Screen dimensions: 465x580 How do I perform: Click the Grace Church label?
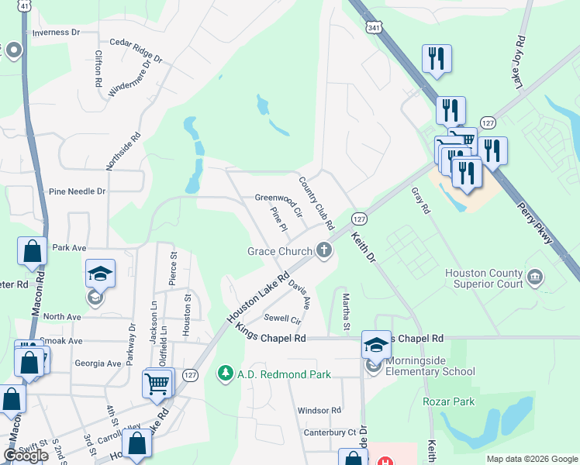point(279,250)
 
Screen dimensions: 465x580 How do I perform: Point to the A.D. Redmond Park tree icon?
point(226,374)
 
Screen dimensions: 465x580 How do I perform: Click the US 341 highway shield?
point(374,29)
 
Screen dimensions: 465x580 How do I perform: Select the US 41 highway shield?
point(25,5)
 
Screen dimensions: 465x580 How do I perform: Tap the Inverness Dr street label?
point(55,33)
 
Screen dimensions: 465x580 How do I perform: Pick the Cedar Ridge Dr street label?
point(136,50)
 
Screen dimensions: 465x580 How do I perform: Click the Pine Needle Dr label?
point(76,191)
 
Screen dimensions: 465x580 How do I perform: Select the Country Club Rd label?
point(316,204)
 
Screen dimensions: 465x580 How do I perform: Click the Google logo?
point(26,456)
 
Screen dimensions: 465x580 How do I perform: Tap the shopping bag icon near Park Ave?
point(32,253)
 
